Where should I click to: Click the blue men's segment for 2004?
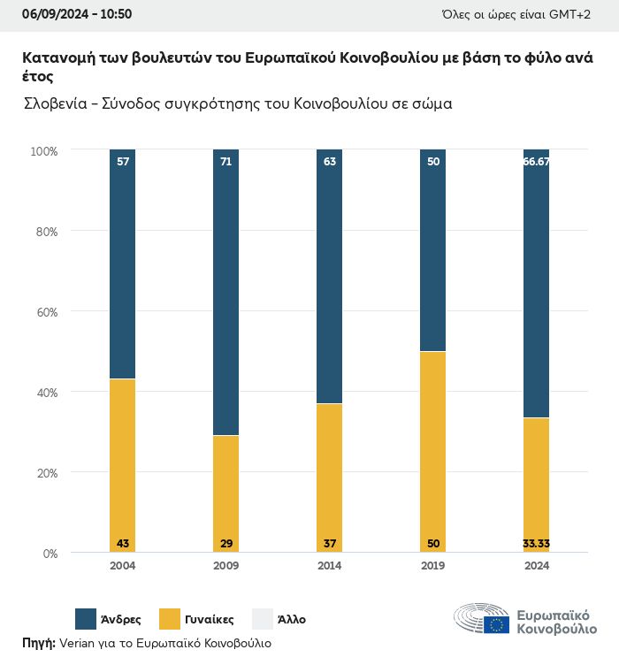123,265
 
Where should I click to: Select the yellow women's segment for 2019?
433,451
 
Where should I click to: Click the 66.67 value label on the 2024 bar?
537,161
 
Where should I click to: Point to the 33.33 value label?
537,542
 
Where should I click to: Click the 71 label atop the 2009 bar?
225,161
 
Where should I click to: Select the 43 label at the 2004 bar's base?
123,542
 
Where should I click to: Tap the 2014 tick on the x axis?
329,566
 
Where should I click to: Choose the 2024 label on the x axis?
537,566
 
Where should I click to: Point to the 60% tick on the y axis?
45,312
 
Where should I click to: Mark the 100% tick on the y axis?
43,151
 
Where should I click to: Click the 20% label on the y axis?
45,473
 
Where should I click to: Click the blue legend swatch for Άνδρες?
86,619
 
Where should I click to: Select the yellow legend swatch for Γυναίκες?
169,619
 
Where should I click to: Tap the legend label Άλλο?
291,620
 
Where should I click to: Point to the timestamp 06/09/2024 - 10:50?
77,14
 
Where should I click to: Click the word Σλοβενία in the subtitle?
54,103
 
